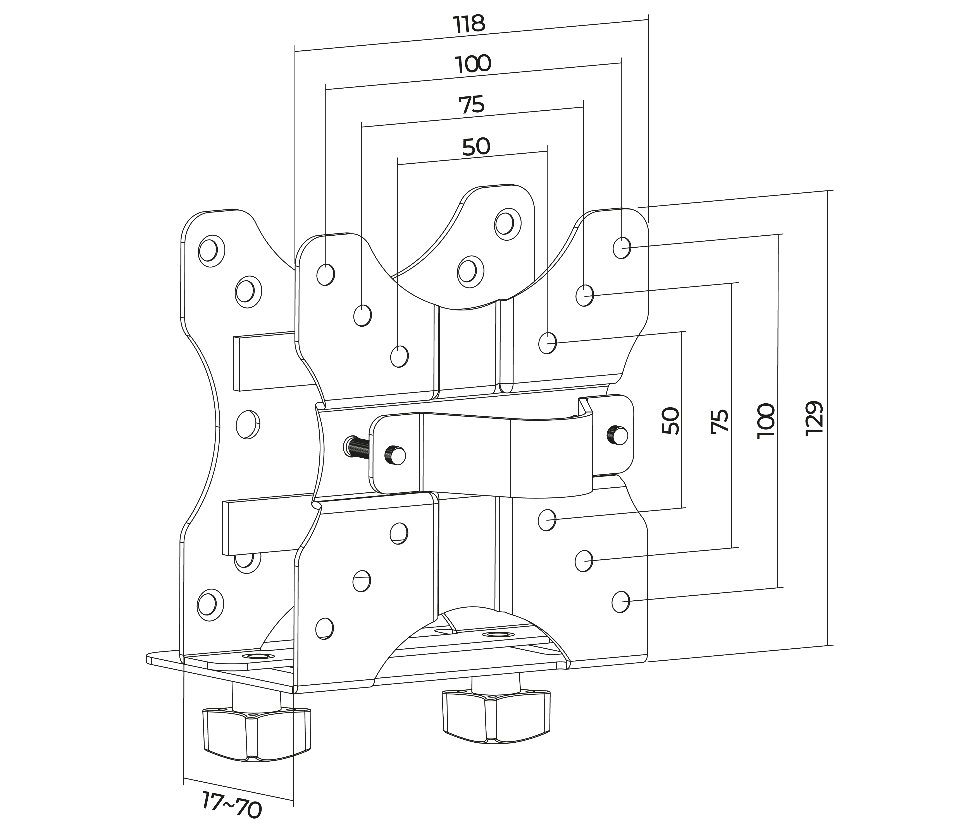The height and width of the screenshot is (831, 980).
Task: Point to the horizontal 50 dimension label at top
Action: tap(476, 147)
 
